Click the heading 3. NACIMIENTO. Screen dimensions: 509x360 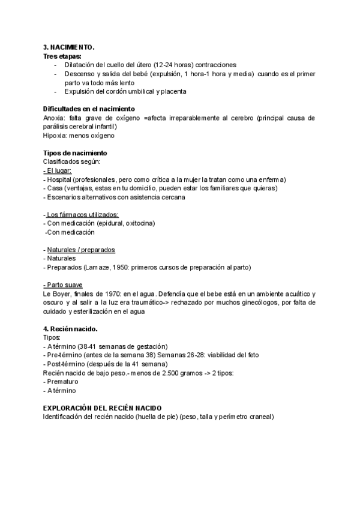coord(69,47)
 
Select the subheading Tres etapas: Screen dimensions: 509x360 coord(62,56)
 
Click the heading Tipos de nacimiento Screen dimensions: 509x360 coord(75,154)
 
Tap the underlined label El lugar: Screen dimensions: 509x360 coord(58,171)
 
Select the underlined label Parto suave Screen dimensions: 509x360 coord(63,285)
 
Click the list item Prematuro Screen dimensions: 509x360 coord(63,382)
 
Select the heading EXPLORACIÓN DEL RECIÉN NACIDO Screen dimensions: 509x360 coord(103,408)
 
